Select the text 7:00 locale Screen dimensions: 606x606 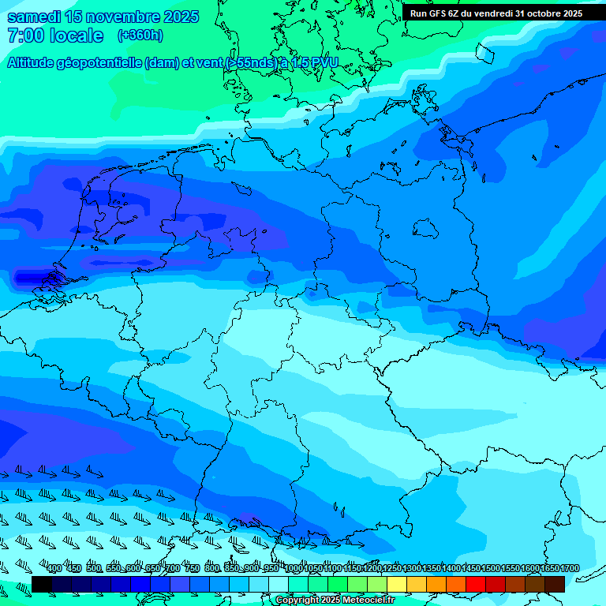click(55, 36)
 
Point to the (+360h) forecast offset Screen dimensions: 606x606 click(140, 36)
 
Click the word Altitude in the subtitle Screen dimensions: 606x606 click(34, 63)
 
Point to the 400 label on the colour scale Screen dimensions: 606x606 click(54, 569)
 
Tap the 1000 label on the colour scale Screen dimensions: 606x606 click(294, 569)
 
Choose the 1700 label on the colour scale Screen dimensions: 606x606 click(570, 569)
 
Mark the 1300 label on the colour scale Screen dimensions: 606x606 click(412, 569)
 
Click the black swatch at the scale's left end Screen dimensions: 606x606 click(42, 584)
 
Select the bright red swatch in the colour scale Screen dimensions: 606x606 click(476, 584)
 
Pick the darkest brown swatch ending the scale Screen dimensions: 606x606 click(555, 584)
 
